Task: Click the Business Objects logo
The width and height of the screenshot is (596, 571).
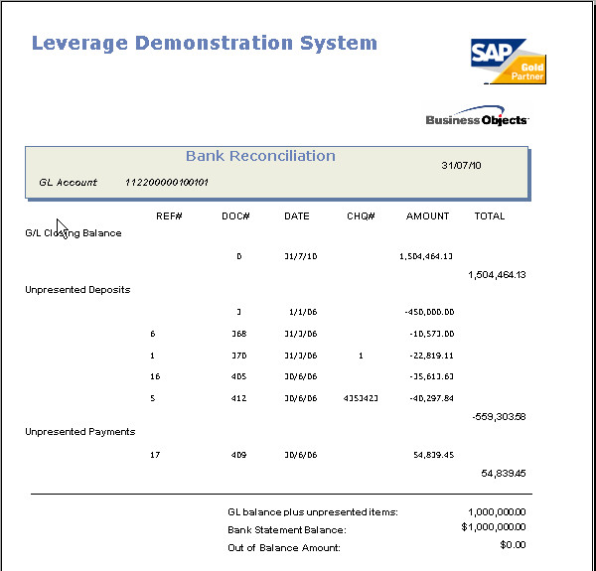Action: pos(477,118)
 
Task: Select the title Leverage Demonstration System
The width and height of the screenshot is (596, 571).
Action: pos(205,44)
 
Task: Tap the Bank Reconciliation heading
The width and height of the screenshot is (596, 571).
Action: pos(260,156)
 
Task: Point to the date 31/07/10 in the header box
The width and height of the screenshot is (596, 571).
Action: pos(461,165)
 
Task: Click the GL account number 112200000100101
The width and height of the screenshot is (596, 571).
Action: pos(167,183)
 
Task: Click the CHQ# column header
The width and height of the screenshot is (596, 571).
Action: pos(361,216)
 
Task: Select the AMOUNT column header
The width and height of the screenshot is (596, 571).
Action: pos(427,216)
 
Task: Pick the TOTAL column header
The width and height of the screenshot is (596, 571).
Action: pos(489,216)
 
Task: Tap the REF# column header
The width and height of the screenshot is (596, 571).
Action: pos(169,216)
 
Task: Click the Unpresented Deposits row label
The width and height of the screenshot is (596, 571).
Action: pos(77,290)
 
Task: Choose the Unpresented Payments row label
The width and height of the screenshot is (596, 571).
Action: pos(79,432)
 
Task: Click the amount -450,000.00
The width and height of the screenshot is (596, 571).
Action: pos(429,312)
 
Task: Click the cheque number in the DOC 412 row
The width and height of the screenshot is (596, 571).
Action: pos(360,398)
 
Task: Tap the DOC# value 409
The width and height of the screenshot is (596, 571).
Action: pos(239,455)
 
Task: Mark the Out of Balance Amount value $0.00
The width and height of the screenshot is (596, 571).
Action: pos(513,545)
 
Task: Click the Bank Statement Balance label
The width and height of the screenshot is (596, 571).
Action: pos(287,530)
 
